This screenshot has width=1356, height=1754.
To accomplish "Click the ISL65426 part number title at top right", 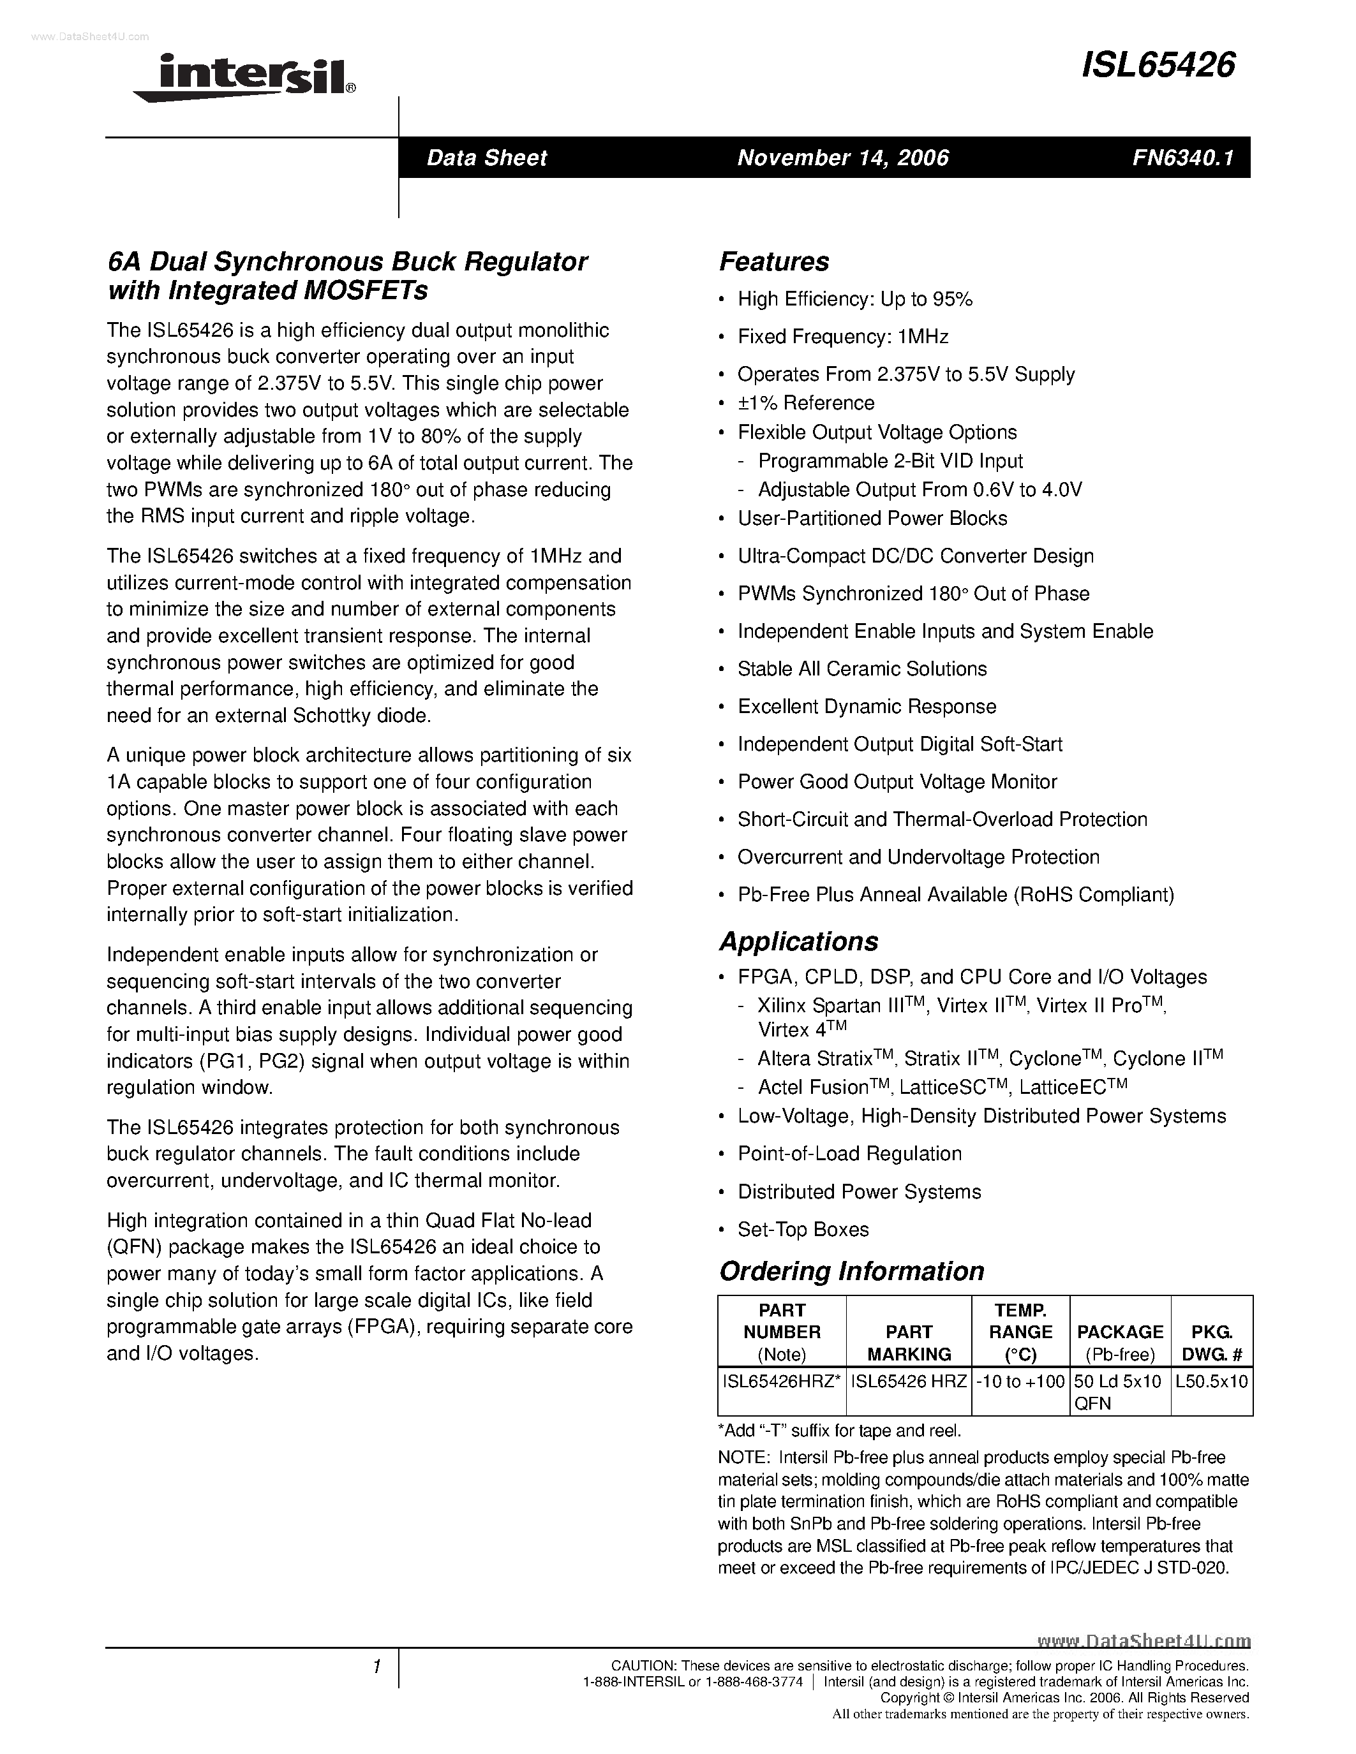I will coord(1158,66).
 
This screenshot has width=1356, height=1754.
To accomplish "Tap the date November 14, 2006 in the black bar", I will coord(843,158).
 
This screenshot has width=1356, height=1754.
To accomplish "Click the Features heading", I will coord(773,262).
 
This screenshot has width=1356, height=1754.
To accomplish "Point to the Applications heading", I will coord(798,941).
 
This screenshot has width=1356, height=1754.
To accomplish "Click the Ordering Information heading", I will coord(851,1271).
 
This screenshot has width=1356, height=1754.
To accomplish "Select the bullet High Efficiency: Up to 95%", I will coord(854,300).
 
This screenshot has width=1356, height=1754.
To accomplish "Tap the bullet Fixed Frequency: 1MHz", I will coord(843,337).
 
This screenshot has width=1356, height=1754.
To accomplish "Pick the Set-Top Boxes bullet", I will coord(803,1230).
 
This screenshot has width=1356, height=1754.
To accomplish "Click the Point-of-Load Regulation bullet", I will coord(849,1154).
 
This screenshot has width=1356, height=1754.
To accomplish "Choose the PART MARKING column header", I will coord(909,1343).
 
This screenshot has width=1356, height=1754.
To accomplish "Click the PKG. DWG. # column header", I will coord(1211,1343).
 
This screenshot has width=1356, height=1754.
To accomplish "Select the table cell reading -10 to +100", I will coord(1020,1382).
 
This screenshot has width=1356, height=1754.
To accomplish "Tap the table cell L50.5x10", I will coord(1211,1382).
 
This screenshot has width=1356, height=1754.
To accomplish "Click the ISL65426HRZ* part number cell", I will coord(782,1382).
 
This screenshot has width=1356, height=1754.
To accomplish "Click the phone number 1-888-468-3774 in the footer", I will coord(754,1682).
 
